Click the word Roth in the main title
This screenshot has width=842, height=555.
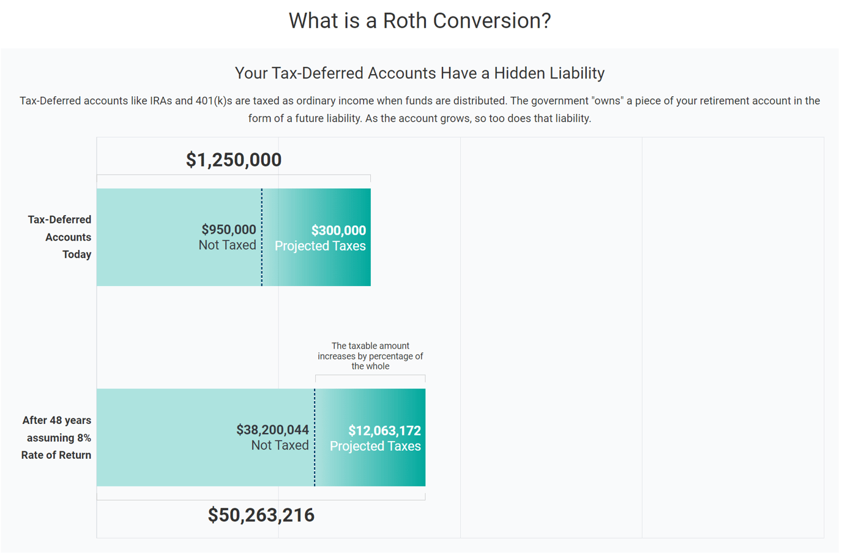pos(404,21)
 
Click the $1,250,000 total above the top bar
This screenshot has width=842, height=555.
pos(234,160)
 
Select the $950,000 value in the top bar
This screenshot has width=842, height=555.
pos(229,230)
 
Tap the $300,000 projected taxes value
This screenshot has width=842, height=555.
pos(338,230)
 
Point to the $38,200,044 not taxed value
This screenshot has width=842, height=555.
pos(272,430)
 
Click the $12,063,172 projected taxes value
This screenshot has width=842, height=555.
pos(384,431)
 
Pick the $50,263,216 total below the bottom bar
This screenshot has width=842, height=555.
pos(261,515)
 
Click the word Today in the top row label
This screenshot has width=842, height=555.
pos(76,254)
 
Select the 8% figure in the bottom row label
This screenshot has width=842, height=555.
pos(84,438)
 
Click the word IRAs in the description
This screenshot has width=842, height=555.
pos(161,101)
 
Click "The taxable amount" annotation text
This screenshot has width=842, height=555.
pos(370,346)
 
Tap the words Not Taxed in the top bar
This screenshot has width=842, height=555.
pos(227,245)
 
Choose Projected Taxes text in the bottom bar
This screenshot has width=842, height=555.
pos(375,446)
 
